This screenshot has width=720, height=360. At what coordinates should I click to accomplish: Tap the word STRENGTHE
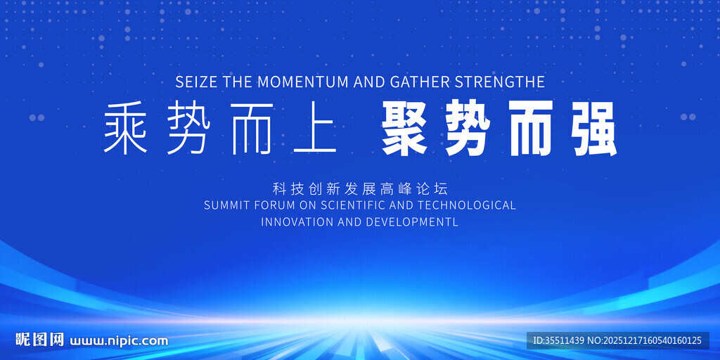pyautogui.click(x=500, y=82)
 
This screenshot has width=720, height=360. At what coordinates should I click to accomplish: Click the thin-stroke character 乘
pyautogui.click(x=125, y=128)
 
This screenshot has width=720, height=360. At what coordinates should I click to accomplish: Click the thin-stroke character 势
pyautogui.click(x=188, y=128)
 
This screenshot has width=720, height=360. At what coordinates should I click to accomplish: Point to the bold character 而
pyautogui.click(x=531, y=129)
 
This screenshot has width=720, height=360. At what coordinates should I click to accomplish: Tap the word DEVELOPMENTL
pyautogui.click(x=412, y=221)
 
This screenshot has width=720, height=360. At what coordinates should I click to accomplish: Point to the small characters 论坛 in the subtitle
pyautogui.click(x=432, y=188)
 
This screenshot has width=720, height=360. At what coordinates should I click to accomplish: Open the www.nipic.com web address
pyautogui.click(x=119, y=341)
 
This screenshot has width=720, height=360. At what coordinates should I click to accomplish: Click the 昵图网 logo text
pyautogui.click(x=39, y=340)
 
